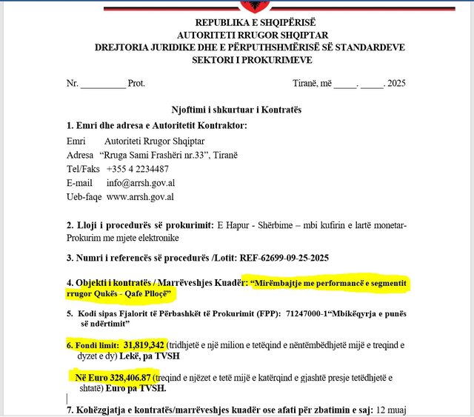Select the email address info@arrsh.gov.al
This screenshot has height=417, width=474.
[x=141, y=183]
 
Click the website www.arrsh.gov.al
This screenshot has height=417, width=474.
[x=140, y=197]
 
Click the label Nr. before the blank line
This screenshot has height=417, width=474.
[x=72, y=84]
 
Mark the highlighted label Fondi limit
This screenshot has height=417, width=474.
[x=94, y=344]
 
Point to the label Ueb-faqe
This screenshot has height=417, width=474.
[x=84, y=197]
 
